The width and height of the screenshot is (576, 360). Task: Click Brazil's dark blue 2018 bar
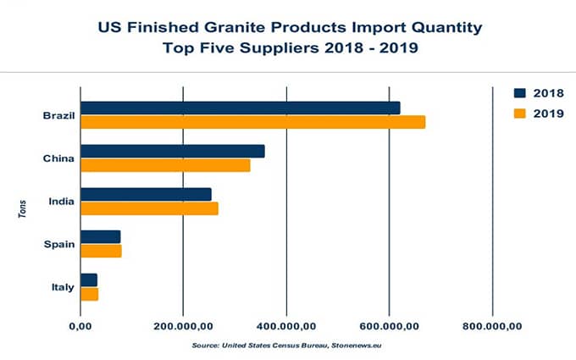pos(241,108)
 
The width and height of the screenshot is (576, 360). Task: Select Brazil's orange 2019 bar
pos(253,122)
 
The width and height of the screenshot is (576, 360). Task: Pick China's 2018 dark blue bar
pos(173,152)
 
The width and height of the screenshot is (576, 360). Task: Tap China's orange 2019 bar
pos(165,165)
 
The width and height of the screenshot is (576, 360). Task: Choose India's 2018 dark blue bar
pos(146,194)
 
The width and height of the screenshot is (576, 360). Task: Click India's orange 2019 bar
pos(149,208)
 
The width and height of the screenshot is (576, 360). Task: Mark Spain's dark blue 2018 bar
pos(100,237)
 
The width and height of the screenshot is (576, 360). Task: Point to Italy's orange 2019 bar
pos(89,294)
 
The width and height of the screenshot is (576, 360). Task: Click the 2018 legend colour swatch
pos(520,93)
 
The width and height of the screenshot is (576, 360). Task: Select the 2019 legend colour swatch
pos(520,114)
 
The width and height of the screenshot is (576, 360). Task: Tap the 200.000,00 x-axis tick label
pos(183,326)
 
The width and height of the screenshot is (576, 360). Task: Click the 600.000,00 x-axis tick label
pos(390,326)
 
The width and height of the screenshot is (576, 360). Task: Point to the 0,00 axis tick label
pos(80,326)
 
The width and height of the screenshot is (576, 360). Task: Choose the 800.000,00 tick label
pos(492,326)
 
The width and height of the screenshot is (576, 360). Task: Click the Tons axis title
pos(22,209)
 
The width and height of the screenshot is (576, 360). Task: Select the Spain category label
pos(59,244)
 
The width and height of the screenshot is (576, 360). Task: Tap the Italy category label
pos(63,287)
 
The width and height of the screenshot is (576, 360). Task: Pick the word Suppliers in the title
pos(280,48)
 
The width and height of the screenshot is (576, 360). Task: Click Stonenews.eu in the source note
pos(357,346)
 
